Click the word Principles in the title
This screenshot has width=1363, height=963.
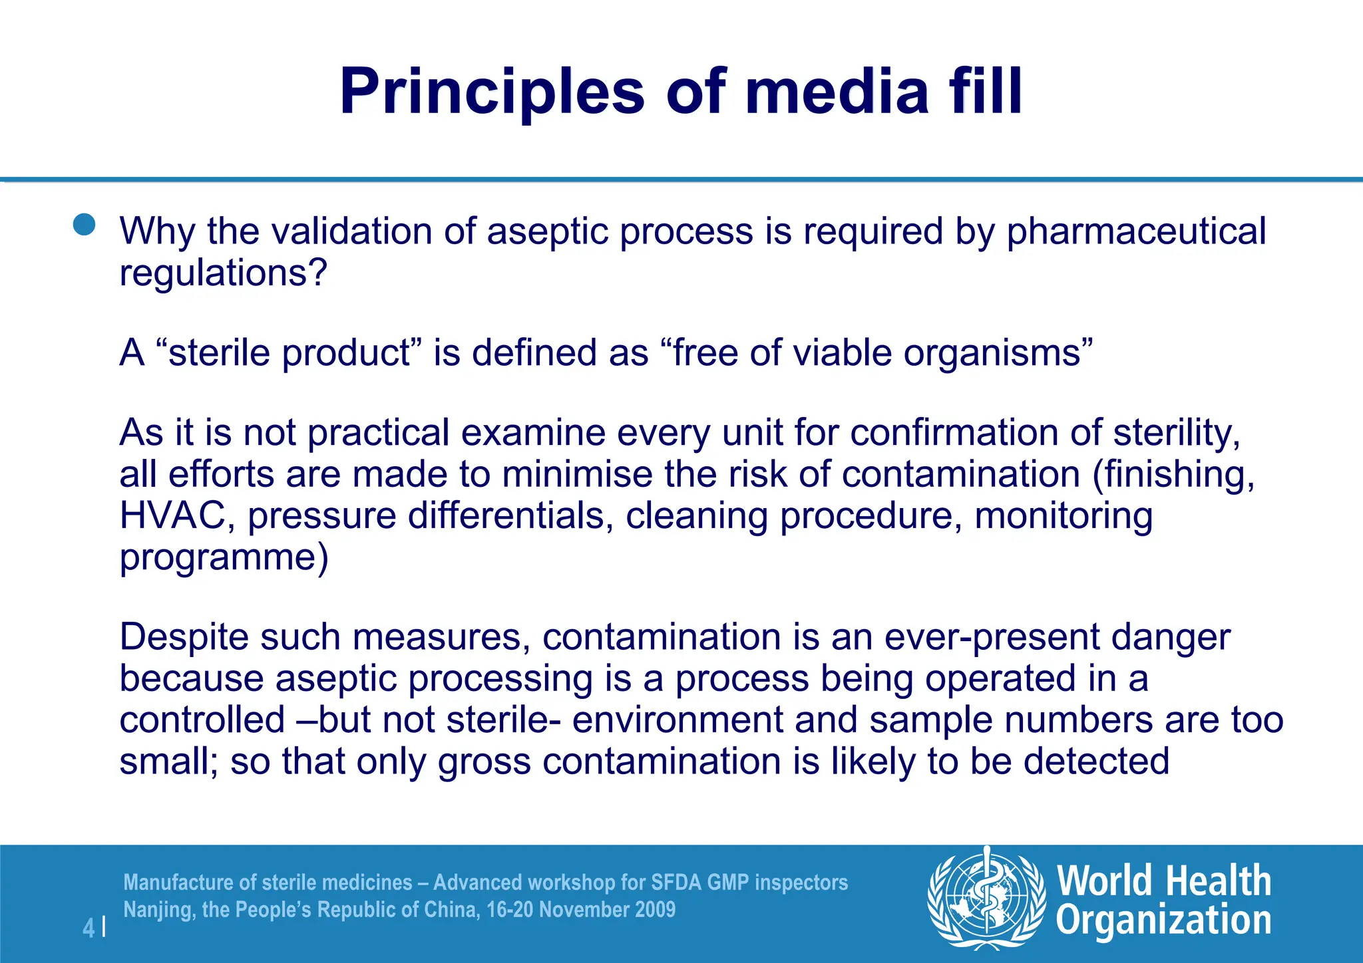click(x=491, y=92)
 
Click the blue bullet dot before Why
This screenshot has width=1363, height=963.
click(x=85, y=225)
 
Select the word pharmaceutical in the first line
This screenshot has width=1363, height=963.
click(x=1135, y=231)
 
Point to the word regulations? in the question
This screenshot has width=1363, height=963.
click(x=224, y=273)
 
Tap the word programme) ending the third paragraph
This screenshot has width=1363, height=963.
click(x=224, y=557)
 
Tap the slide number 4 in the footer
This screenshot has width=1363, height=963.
click(x=88, y=928)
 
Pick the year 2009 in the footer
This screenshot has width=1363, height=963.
click(x=655, y=910)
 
